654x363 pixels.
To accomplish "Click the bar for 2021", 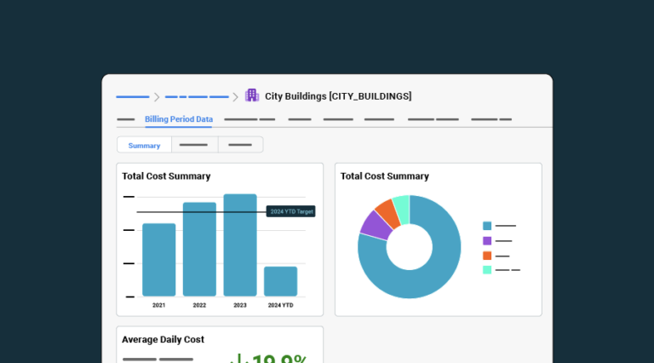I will click(x=159, y=260).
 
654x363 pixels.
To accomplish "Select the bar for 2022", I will click(x=199, y=250).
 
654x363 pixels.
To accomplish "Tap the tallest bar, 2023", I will click(x=240, y=245).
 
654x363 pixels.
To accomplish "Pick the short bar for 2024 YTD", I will click(x=280, y=281).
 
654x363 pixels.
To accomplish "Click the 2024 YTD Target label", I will click(x=291, y=211).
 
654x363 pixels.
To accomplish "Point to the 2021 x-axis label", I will click(x=159, y=305).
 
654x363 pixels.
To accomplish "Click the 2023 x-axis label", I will click(x=240, y=305).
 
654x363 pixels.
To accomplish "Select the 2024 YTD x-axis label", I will click(x=280, y=305).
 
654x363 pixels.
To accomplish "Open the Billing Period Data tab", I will click(x=179, y=119).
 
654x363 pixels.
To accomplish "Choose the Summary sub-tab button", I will click(x=144, y=146).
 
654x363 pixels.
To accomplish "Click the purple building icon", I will click(x=252, y=95).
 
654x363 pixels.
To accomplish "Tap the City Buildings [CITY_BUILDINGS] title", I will click(x=338, y=96).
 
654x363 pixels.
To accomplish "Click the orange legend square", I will click(x=487, y=256).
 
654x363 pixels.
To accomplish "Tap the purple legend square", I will click(x=487, y=241).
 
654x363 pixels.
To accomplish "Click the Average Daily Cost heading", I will click(x=163, y=339).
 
